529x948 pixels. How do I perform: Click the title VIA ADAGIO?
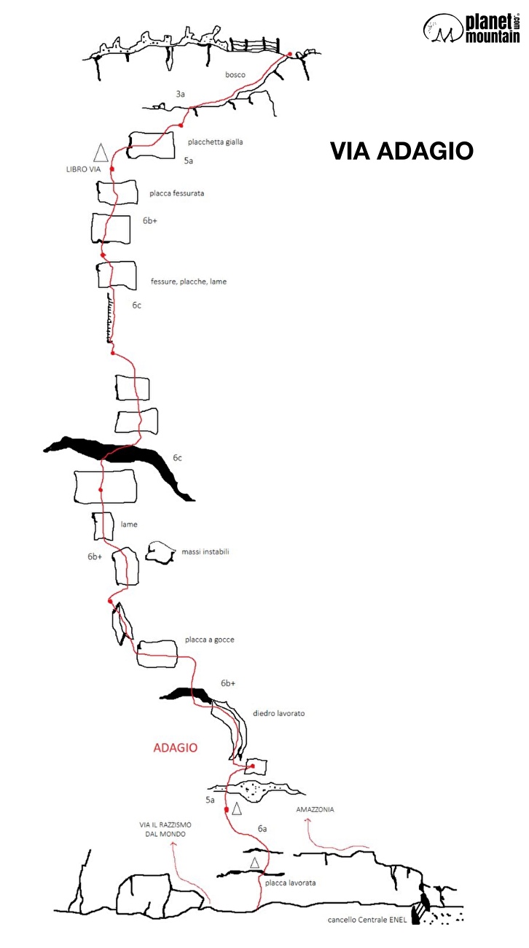(401, 151)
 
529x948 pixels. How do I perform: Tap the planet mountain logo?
(471, 28)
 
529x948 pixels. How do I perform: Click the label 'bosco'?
(235, 74)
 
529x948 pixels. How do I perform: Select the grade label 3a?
(180, 94)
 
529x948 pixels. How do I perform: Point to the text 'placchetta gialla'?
(215, 141)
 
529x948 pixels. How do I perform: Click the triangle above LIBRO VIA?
(101, 153)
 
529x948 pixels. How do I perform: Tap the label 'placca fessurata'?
(177, 193)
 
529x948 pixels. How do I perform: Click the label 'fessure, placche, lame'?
(189, 281)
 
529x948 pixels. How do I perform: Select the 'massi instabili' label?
(205, 551)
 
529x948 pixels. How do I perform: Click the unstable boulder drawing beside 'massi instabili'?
(161, 552)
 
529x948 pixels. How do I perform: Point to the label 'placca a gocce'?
(209, 640)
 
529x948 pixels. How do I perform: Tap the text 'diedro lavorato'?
(278, 713)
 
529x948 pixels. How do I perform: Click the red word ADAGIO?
(175, 747)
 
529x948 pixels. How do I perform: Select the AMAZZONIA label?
(315, 809)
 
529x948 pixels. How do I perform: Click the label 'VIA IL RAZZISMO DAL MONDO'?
(165, 829)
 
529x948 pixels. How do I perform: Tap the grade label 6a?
(262, 828)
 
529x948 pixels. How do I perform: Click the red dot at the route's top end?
(290, 54)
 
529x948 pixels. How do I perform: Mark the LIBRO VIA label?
(83, 169)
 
